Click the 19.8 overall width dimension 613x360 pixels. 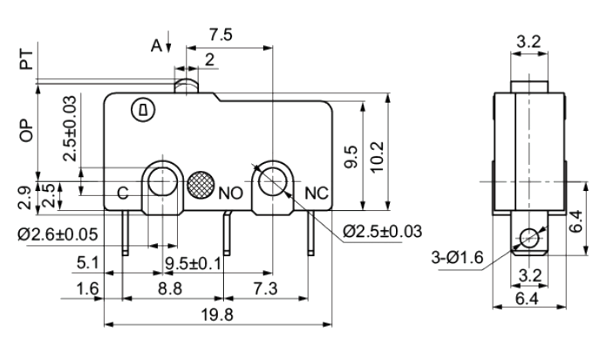click(217, 315)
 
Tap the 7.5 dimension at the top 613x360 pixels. click(221, 35)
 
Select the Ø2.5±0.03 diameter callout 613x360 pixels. click(382, 231)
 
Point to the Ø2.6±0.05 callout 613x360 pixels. click(58, 234)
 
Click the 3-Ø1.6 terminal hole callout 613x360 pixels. click(458, 258)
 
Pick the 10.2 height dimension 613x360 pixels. click(378, 157)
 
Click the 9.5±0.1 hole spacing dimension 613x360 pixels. click(193, 263)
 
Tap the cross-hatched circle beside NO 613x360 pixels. click(201, 184)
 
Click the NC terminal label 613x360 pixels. click(317, 194)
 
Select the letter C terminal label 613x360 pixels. click(123, 193)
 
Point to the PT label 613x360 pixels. click(26, 59)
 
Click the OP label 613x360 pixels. click(26, 131)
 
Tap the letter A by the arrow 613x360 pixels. click(156, 45)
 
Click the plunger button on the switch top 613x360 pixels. click(187, 86)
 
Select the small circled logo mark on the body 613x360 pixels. click(143, 110)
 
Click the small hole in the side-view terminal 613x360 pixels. click(529, 237)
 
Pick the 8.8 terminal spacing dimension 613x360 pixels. click(170, 289)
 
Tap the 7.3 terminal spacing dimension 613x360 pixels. click(265, 289)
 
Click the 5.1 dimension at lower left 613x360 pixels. click(88, 263)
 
